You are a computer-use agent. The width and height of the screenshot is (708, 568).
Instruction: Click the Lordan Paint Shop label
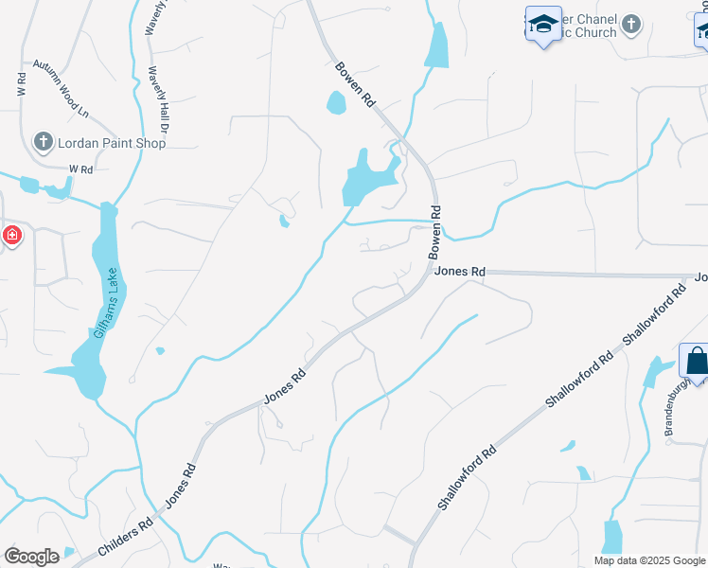[x=112, y=143]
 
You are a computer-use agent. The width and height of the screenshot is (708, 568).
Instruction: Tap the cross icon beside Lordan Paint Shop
[x=43, y=142]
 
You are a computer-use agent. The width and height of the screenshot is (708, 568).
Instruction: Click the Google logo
[x=31, y=556]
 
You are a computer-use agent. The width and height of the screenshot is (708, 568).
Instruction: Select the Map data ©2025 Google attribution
[x=648, y=560]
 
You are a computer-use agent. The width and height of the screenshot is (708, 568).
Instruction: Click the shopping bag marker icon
[x=696, y=362]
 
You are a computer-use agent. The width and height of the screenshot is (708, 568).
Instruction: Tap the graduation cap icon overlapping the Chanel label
[x=543, y=25]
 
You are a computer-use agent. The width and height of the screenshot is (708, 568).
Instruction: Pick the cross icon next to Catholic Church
[x=632, y=24]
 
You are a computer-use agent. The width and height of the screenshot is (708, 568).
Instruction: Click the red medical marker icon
[x=11, y=234]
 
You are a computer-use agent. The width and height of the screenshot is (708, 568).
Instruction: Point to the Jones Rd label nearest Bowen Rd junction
[x=460, y=272]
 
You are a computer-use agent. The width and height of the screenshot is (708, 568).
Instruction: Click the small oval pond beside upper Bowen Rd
[x=336, y=101]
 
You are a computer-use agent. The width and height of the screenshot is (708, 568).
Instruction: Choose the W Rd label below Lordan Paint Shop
[x=81, y=169]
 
